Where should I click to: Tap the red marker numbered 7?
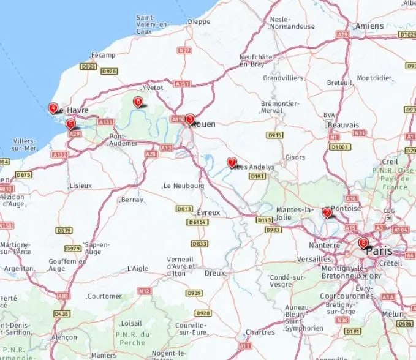pyautogui.click(x=232, y=162)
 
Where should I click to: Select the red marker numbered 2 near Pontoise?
pyautogui.click(x=327, y=212)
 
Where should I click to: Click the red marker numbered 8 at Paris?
pyautogui.click(x=363, y=243)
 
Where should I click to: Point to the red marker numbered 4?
pyautogui.click(x=53, y=108)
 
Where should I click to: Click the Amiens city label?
pyautogui.click(x=369, y=26)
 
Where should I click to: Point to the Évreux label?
pyautogui.click(x=208, y=212)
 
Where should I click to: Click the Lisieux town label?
pyautogui.click(x=80, y=185)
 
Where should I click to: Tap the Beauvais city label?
pyautogui.click(x=343, y=124)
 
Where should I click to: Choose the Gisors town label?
pyautogui.click(x=295, y=157)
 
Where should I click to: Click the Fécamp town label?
pyautogui.click(x=104, y=55)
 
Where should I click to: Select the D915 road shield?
pyautogui.click(x=274, y=135)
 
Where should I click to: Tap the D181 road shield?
pyautogui.click(x=258, y=176)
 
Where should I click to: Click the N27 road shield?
pyautogui.click(x=184, y=50)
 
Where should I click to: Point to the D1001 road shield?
pyautogui.click(x=339, y=147)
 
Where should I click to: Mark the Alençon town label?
pyautogui.click(x=64, y=337)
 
